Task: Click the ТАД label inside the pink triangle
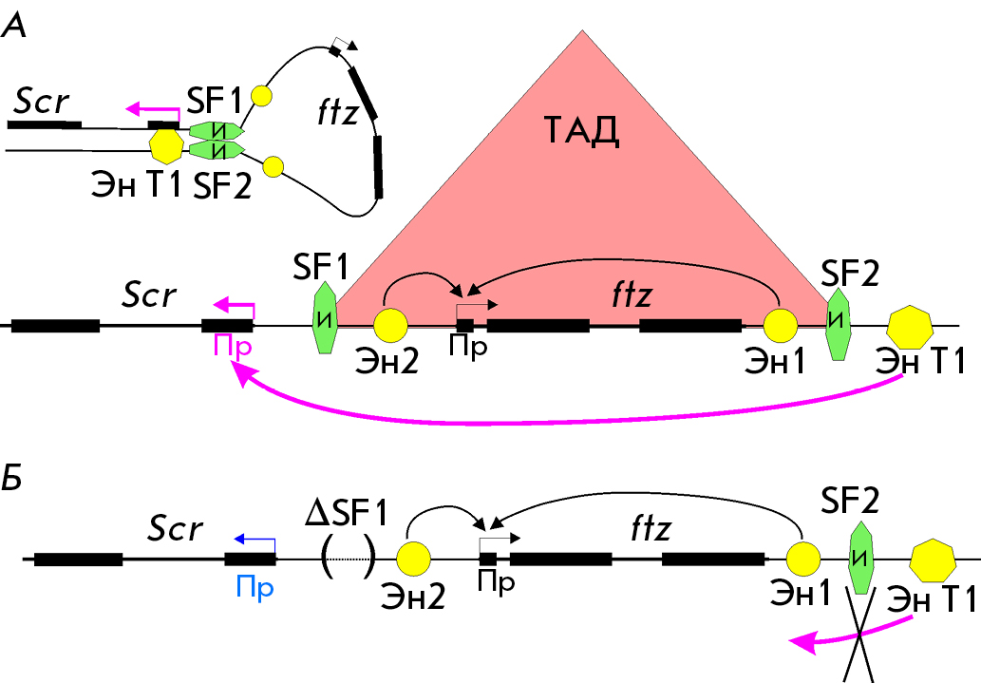tap(582, 131)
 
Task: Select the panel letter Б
tap(11, 478)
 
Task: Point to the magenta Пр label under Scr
tap(233, 346)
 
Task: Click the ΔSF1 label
tap(346, 513)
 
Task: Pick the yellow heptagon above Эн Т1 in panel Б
tap(933, 560)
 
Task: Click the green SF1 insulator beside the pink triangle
tap(324, 318)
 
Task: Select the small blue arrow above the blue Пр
tap(254, 540)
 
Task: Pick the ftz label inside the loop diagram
tap(338, 112)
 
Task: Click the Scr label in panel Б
tap(175, 529)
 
